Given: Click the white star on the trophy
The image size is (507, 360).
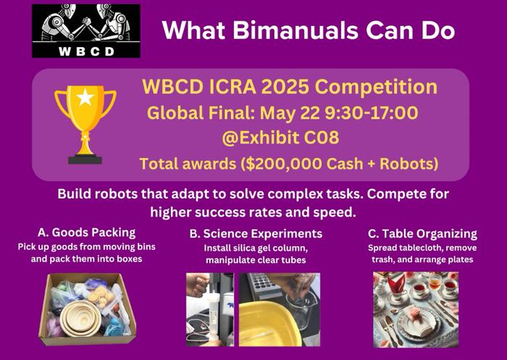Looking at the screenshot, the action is [85, 97].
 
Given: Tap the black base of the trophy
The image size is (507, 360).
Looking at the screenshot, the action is [85, 159].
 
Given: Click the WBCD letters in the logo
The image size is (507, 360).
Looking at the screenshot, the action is [86, 51].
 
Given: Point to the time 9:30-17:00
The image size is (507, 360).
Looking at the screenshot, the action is [372, 113].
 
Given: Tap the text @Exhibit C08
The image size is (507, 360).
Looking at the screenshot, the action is [280, 138].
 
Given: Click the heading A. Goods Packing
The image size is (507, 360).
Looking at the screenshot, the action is [86, 233].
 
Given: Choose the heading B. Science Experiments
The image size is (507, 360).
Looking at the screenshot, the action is [256, 233].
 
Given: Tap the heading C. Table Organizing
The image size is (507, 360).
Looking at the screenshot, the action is [422, 233].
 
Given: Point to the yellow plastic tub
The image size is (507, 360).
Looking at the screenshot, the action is [266, 324].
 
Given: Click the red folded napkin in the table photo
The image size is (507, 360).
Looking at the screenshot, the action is [395, 284].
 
